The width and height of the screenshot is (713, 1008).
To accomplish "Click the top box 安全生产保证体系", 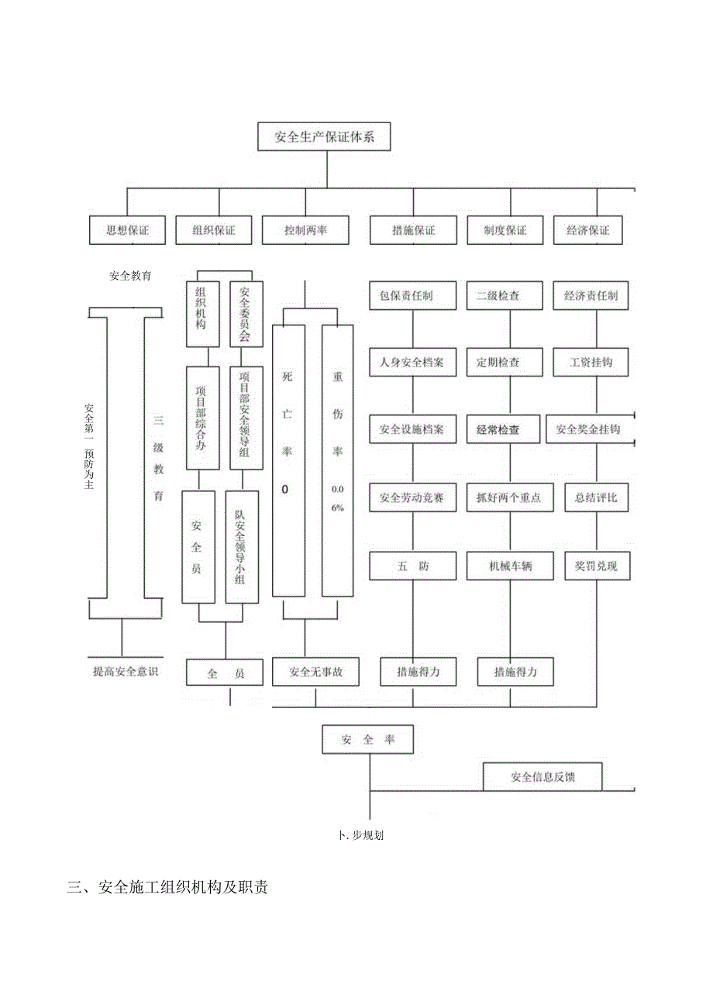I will pyautogui.click(x=324, y=138).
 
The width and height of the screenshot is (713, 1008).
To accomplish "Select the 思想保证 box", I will pyautogui.click(x=127, y=230).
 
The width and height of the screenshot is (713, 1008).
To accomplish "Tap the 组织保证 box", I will pyautogui.click(x=213, y=230).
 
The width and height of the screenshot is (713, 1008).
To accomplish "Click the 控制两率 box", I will pyautogui.click(x=305, y=230).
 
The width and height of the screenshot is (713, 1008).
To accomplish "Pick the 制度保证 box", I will pyautogui.click(x=505, y=230).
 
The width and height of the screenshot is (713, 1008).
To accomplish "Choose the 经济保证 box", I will pyautogui.click(x=587, y=230).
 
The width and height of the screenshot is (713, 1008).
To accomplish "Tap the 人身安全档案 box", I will pyautogui.click(x=412, y=362).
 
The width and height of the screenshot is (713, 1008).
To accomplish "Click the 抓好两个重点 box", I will pyautogui.click(x=508, y=498).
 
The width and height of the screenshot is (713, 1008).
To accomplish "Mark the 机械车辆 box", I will pyautogui.click(x=510, y=566).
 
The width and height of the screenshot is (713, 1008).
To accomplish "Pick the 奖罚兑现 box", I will pyautogui.click(x=597, y=566).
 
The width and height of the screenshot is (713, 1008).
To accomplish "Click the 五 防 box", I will pyautogui.click(x=412, y=566).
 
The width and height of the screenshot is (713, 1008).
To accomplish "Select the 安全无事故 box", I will pyautogui.click(x=315, y=672).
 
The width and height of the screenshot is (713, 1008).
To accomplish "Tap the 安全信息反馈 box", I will pyautogui.click(x=542, y=776).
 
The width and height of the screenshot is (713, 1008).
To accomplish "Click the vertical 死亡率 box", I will pyautogui.click(x=288, y=461).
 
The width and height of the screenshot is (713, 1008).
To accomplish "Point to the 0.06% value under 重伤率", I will pyautogui.click(x=337, y=498).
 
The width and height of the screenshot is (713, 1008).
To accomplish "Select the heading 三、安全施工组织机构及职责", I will pyautogui.click(x=168, y=888).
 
